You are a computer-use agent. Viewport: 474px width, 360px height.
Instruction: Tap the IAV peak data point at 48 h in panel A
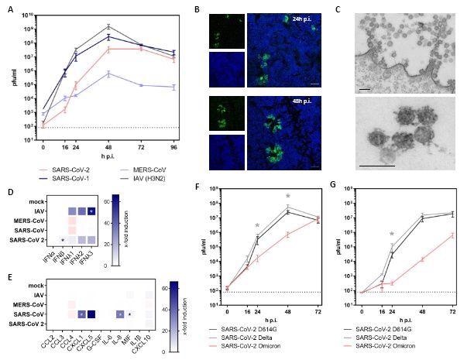(x=110, y=26)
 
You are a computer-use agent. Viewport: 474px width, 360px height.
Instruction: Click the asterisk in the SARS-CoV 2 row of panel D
(x=62, y=239)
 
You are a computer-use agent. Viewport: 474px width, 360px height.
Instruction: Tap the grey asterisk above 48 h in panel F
(x=287, y=196)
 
